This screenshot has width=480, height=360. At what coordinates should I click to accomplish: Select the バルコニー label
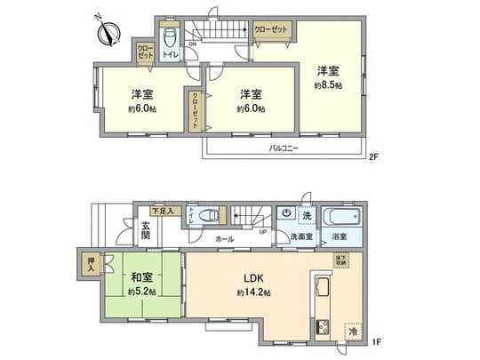[x=284, y=149]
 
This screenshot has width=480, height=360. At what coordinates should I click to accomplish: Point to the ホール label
[x=224, y=240]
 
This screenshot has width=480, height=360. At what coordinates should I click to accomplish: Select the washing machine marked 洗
[x=286, y=214]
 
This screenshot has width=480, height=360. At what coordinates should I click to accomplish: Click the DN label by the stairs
[x=192, y=45]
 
